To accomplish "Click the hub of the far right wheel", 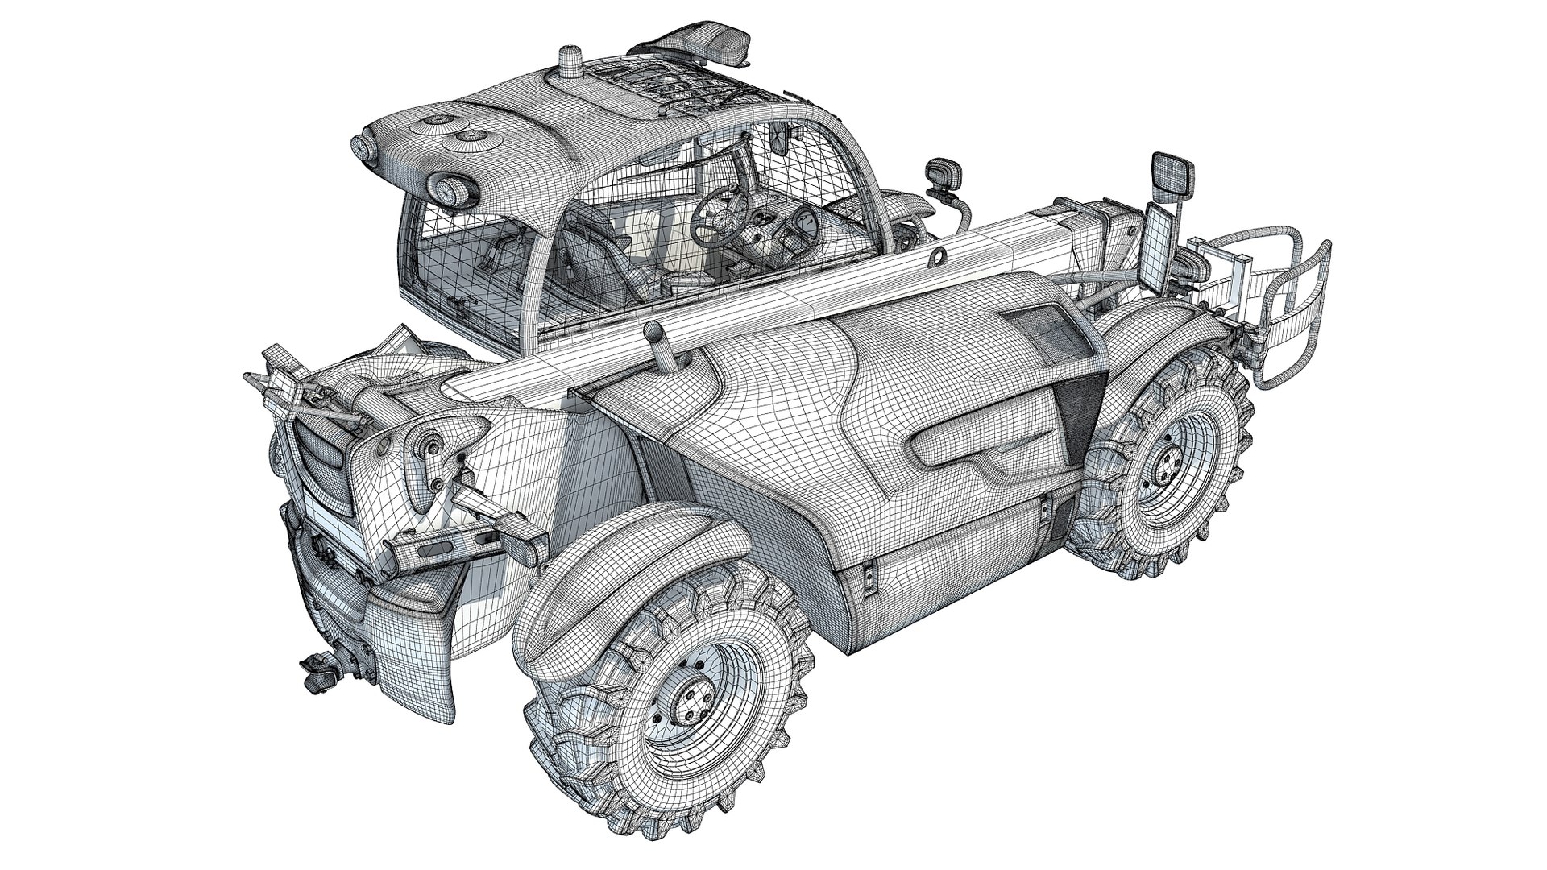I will click(1165, 463).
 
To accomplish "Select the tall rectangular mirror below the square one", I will click(1156, 246).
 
